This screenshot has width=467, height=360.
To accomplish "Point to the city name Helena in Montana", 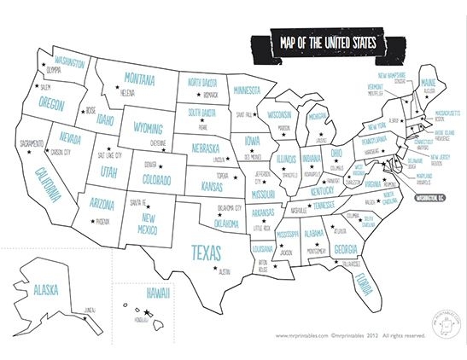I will coord(127,92).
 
